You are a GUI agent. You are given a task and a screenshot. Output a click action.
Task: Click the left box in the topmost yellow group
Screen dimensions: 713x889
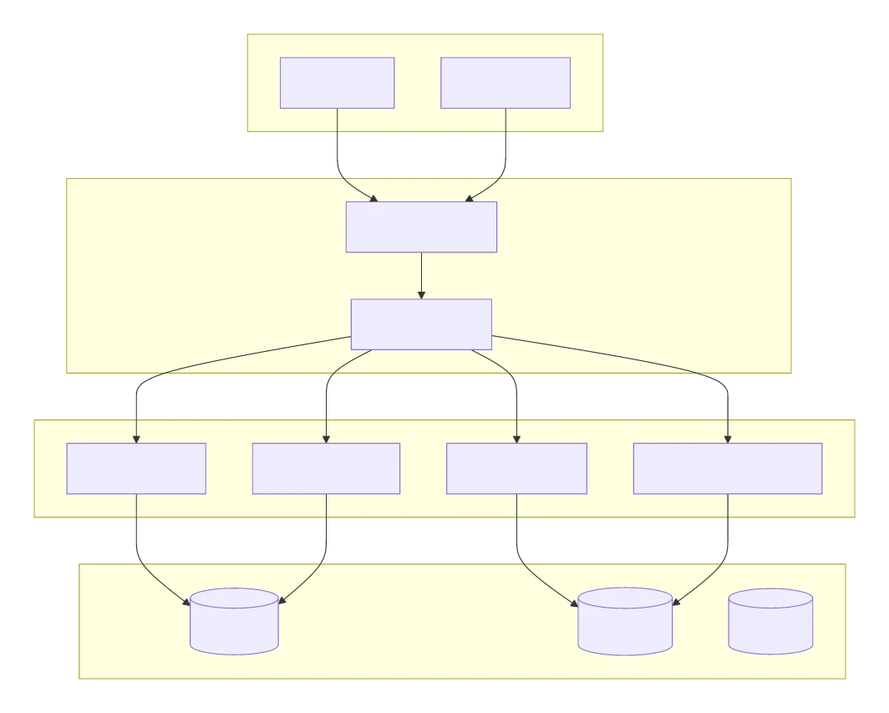[337, 83]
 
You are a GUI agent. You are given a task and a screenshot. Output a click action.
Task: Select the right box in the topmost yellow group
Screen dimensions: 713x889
[505, 83]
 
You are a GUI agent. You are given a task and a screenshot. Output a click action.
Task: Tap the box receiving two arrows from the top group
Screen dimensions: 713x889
[421, 227]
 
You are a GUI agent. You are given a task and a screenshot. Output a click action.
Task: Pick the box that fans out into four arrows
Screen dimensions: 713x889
[421, 324]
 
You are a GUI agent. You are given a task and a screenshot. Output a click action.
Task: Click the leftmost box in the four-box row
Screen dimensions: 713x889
[136, 468]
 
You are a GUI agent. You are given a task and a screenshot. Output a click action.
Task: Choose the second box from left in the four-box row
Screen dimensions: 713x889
[326, 468]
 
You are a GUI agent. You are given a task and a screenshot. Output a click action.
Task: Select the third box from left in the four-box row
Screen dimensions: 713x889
[516, 468]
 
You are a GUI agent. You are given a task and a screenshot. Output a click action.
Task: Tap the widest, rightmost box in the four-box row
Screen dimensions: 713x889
[727, 468]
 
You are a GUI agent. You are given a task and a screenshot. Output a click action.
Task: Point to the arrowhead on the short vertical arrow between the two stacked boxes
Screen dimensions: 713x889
[421, 294]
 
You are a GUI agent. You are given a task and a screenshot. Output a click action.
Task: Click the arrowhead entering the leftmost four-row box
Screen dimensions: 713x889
[136, 439]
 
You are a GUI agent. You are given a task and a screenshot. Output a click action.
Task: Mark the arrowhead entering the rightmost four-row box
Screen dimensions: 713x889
[727, 439]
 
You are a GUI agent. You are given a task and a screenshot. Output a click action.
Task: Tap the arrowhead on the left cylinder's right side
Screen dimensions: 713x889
[282, 599]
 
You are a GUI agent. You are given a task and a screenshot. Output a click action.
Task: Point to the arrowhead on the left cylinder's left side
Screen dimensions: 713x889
[186, 601]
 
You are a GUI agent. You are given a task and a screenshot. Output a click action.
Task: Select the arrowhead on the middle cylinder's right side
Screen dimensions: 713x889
[677, 601]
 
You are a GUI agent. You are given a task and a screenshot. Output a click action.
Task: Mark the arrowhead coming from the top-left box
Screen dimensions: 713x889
[373, 198]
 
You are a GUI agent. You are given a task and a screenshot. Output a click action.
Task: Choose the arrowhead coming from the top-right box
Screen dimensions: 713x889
[470, 198]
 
